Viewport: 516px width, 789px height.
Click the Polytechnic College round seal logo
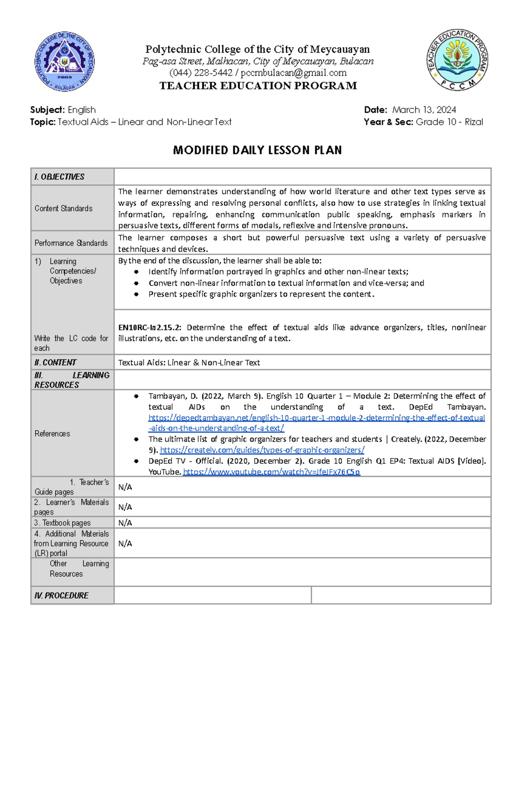tap(64, 61)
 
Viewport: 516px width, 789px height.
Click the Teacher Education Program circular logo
tap(457, 60)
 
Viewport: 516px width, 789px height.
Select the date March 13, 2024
tap(424, 110)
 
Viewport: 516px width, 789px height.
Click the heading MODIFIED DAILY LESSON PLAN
tap(257, 150)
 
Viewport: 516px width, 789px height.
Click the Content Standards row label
tap(63, 209)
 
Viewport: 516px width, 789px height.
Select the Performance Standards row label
tap(71, 243)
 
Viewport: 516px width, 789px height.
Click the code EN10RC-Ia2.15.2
tap(150, 327)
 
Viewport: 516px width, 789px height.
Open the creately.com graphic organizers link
tap(262, 450)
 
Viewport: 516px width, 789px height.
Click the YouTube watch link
tap(271, 472)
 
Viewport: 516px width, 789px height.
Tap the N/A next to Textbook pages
tap(125, 523)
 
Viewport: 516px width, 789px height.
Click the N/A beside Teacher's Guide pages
tap(125, 487)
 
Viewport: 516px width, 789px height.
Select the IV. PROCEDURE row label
tap(61, 596)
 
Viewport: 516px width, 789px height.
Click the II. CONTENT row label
tap(55, 362)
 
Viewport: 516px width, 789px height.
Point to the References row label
tap(52, 433)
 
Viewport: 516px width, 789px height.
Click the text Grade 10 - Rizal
tap(449, 122)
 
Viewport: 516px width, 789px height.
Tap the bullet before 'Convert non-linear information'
tap(136, 283)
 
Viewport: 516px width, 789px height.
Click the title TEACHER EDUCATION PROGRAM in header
tap(258, 86)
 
